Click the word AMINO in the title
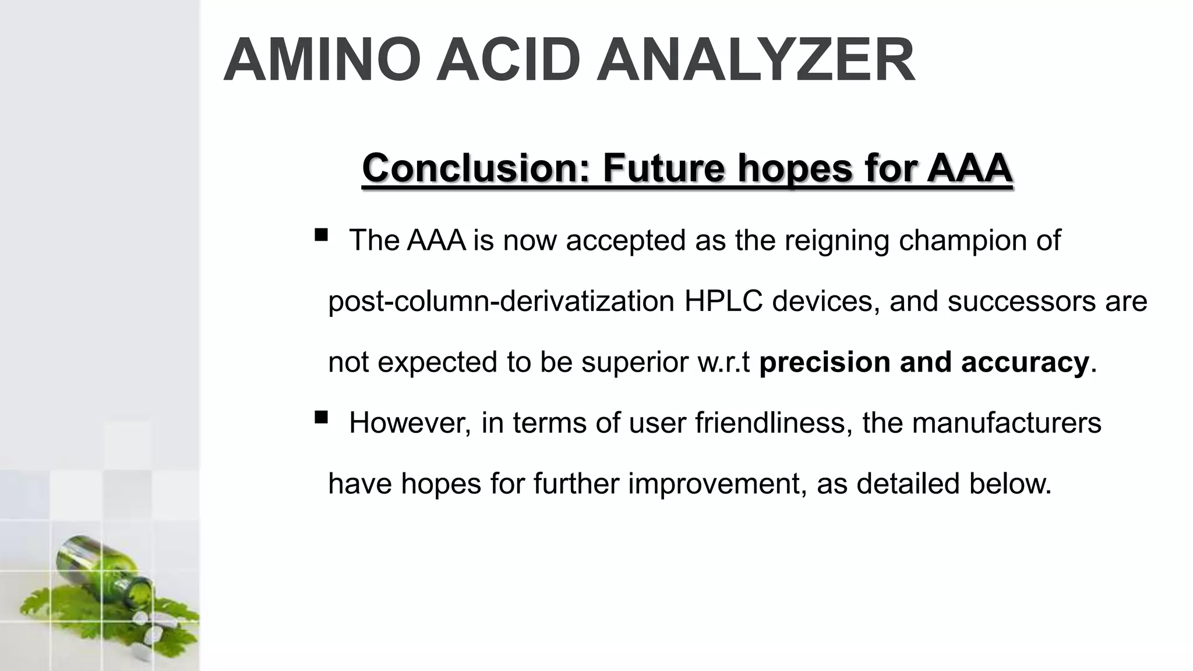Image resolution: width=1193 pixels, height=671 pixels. [322, 61]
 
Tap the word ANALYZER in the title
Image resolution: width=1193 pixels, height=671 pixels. [756, 61]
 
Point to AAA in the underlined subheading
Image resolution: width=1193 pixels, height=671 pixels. [969, 168]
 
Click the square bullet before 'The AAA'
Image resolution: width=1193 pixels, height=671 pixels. [321, 235]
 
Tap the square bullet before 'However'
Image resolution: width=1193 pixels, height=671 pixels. [321, 417]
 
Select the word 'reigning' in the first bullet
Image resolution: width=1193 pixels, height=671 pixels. [836, 241]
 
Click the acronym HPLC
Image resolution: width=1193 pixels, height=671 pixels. [723, 301]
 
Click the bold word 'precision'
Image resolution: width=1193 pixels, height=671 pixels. [825, 362]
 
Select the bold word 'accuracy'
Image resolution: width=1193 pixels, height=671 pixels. [1025, 362]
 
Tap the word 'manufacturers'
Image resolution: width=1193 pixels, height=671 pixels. [1007, 423]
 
